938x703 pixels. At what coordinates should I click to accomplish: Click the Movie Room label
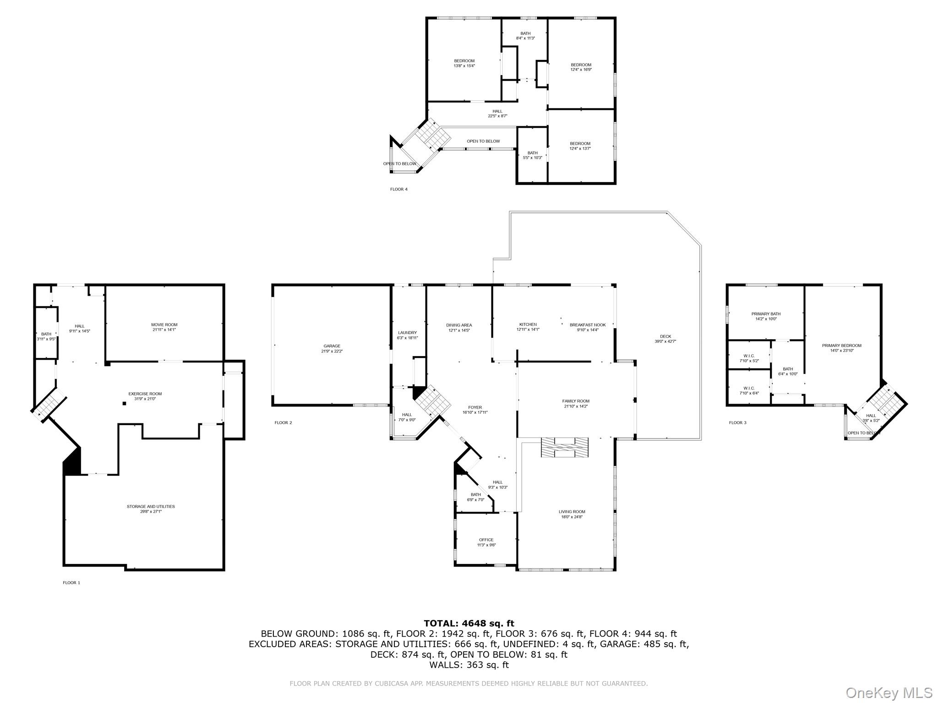(x=164, y=327)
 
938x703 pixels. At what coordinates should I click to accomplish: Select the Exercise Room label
(x=145, y=396)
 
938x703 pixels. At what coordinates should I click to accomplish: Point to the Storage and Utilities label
(x=151, y=509)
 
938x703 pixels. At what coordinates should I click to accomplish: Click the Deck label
(x=665, y=339)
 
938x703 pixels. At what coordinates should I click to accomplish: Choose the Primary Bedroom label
(x=841, y=348)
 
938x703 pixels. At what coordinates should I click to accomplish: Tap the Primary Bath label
(x=766, y=316)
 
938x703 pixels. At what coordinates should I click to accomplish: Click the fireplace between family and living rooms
(x=564, y=447)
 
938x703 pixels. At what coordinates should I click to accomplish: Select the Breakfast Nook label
(x=587, y=327)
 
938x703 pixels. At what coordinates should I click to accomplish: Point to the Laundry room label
(x=407, y=335)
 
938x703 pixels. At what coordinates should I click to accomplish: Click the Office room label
(x=486, y=542)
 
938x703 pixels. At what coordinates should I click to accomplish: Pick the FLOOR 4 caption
(x=398, y=189)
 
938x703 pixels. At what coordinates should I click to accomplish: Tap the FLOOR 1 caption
(x=71, y=583)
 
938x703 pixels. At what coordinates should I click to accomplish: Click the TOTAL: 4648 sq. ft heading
(x=469, y=623)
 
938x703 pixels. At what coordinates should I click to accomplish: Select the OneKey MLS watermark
(x=889, y=692)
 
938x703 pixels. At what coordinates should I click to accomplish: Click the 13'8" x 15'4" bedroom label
(x=464, y=63)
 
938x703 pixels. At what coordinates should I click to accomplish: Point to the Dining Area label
(x=459, y=327)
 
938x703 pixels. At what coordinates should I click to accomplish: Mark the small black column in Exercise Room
(x=124, y=404)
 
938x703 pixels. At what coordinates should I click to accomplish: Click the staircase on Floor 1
(x=49, y=403)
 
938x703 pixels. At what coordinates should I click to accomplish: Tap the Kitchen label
(x=528, y=326)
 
